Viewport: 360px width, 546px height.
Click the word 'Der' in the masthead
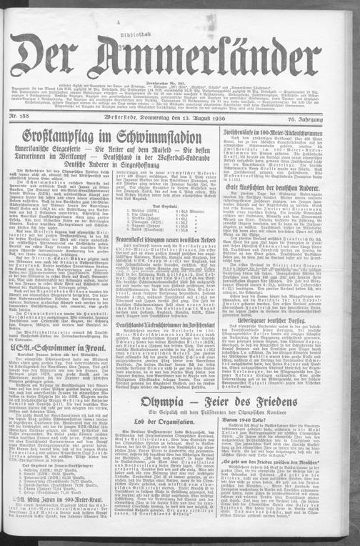(46, 55)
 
